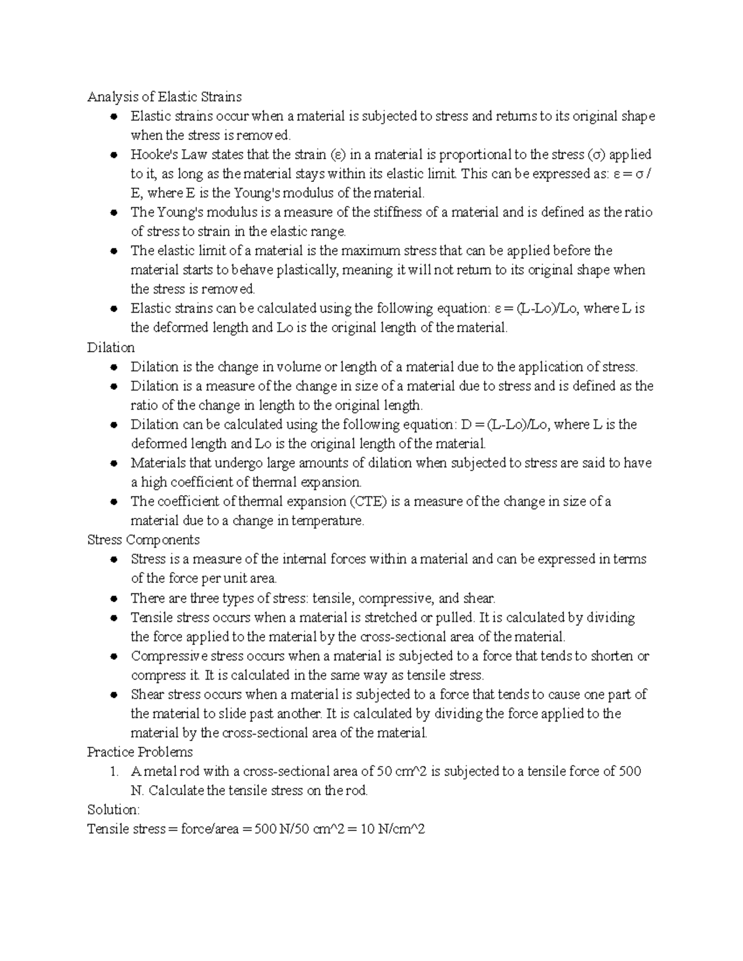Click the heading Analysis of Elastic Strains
pyautogui.click(x=164, y=97)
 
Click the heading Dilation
pyautogui.click(x=111, y=347)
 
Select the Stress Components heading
pyautogui.click(x=143, y=540)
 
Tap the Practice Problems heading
pyautogui.click(x=140, y=752)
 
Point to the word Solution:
pyautogui.click(x=114, y=809)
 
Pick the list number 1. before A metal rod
pyautogui.click(x=113, y=771)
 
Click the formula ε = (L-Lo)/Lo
pyautogui.click(x=532, y=308)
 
